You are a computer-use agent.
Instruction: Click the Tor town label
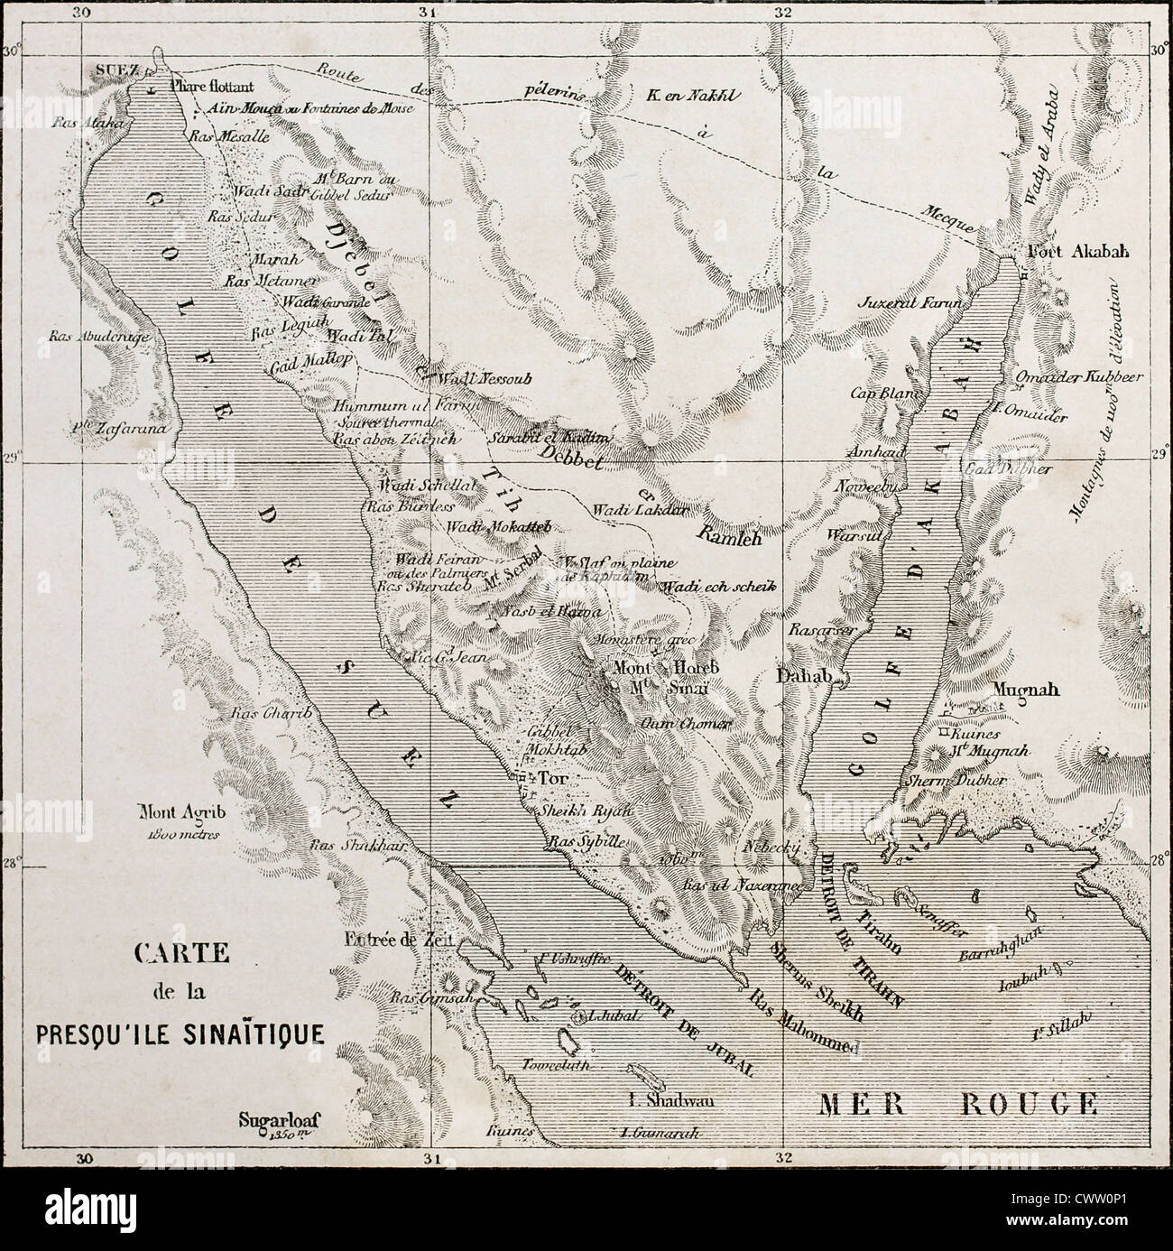coord(550,778)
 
